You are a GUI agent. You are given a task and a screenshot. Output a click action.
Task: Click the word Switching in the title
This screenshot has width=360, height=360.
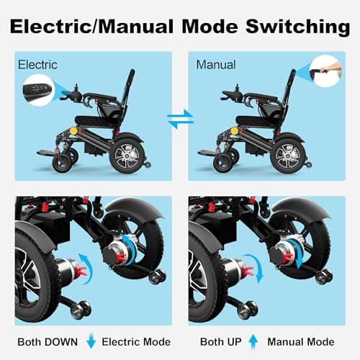(291, 27)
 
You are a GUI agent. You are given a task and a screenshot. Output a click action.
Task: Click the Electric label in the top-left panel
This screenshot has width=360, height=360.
(38, 65)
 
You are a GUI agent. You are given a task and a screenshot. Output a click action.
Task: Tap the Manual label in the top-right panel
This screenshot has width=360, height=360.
(216, 65)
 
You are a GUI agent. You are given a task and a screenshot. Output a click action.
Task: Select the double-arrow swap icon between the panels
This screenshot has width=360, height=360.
(180, 119)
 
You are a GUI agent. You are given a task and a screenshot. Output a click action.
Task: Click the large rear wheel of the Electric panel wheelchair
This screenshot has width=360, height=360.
(127, 155)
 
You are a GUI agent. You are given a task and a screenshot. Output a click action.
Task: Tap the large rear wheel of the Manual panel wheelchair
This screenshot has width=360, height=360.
(288, 155)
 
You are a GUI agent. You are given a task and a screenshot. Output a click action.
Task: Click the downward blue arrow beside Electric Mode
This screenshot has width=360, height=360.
(91, 341)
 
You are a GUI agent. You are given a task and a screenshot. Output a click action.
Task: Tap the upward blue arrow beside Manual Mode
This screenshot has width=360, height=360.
(253, 341)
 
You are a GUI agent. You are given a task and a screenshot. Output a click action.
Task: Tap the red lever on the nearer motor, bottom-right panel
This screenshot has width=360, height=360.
(247, 271)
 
